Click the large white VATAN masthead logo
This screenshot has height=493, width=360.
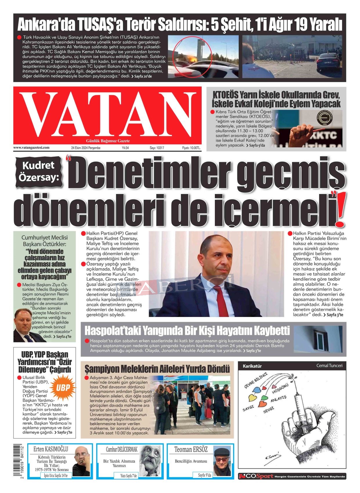pyautogui.click(x=107, y=115)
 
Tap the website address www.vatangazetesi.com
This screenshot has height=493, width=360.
pyautogui.click(x=31, y=148)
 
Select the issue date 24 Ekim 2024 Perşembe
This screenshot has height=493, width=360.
pyautogui.click(x=86, y=148)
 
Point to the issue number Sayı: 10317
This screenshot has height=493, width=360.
pyautogui.click(x=157, y=148)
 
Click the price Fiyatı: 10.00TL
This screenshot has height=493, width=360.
pyautogui.click(x=191, y=148)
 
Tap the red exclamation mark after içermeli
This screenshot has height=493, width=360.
pyautogui.click(x=339, y=212)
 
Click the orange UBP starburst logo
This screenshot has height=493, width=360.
pyautogui.click(x=63, y=388)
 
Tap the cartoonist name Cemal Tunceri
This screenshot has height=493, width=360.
pyautogui.click(x=329, y=366)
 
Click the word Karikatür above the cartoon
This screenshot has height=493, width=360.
pyautogui.click(x=252, y=366)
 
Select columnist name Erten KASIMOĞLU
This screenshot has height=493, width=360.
pyautogui.click(x=51, y=449)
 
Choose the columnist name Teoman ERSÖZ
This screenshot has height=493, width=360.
pyautogui.click(x=191, y=449)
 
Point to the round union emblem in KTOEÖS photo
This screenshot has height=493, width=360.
pyautogui.click(x=324, y=118)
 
